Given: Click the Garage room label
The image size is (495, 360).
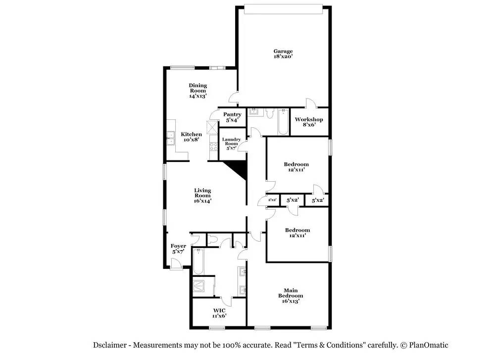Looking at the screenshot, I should click(x=283, y=53).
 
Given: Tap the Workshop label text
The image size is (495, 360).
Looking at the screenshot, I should click(x=309, y=122).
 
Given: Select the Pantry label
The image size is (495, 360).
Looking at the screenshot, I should click(x=232, y=117).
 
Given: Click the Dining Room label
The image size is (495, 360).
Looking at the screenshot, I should click(x=198, y=91).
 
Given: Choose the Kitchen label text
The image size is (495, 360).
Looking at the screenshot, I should click(x=191, y=137).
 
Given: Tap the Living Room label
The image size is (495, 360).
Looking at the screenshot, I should click(x=202, y=196).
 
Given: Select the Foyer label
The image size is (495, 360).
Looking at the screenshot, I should click(x=178, y=249).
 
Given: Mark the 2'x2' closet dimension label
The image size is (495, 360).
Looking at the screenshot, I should click(x=272, y=200).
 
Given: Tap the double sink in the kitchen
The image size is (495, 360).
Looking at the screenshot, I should click(x=171, y=138).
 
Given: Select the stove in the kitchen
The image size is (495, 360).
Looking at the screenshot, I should click(x=214, y=146).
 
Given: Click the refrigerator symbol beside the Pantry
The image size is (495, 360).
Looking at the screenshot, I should click(x=212, y=127).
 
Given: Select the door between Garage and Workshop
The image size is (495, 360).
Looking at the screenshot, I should click(x=310, y=103).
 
